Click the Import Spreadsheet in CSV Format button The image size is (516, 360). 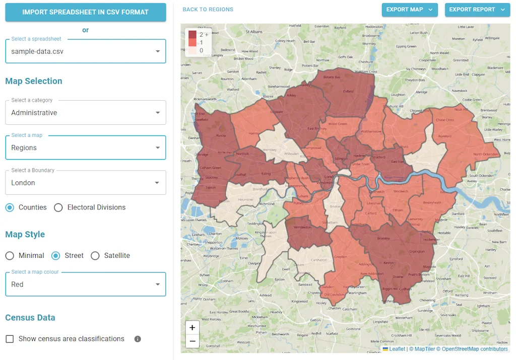86,12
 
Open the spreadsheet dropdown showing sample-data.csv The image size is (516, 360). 86,51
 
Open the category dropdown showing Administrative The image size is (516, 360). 86,113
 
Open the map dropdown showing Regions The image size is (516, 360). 86,148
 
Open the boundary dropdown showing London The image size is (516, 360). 86,183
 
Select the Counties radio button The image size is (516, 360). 10,207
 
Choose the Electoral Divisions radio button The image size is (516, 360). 58,207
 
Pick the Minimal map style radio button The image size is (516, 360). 10,256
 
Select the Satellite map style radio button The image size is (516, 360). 95,256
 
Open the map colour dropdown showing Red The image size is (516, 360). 86,284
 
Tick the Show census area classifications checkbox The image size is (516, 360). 10,339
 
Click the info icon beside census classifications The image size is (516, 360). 138,339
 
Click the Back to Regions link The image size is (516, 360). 208,10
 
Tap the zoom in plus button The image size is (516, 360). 192,328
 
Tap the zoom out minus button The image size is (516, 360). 192,341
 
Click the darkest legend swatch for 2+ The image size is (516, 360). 192,34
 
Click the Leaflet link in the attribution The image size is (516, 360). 397,349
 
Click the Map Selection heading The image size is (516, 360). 34,81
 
